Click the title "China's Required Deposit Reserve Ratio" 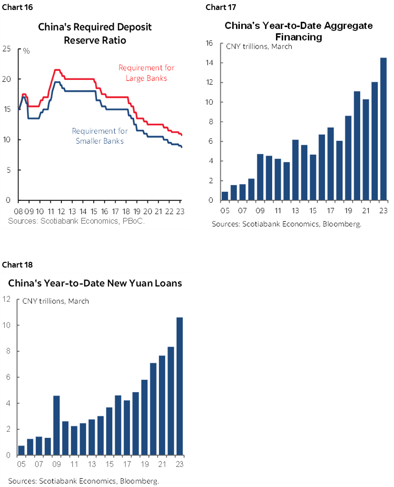(95, 34)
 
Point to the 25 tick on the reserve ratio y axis (7, 48)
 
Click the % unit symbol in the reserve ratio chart (26, 50)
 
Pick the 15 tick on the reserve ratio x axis (94, 211)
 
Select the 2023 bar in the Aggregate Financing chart (383, 129)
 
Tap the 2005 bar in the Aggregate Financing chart (225, 196)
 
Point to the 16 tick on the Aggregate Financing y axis (208, 43)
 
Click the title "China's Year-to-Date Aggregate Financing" (298, 31)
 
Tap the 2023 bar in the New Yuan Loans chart (180, 386)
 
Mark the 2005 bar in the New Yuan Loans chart (21, 450)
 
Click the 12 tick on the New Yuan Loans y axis (7, 299)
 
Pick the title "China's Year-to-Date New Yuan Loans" (95, 283)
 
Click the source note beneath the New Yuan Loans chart (83, 481)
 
